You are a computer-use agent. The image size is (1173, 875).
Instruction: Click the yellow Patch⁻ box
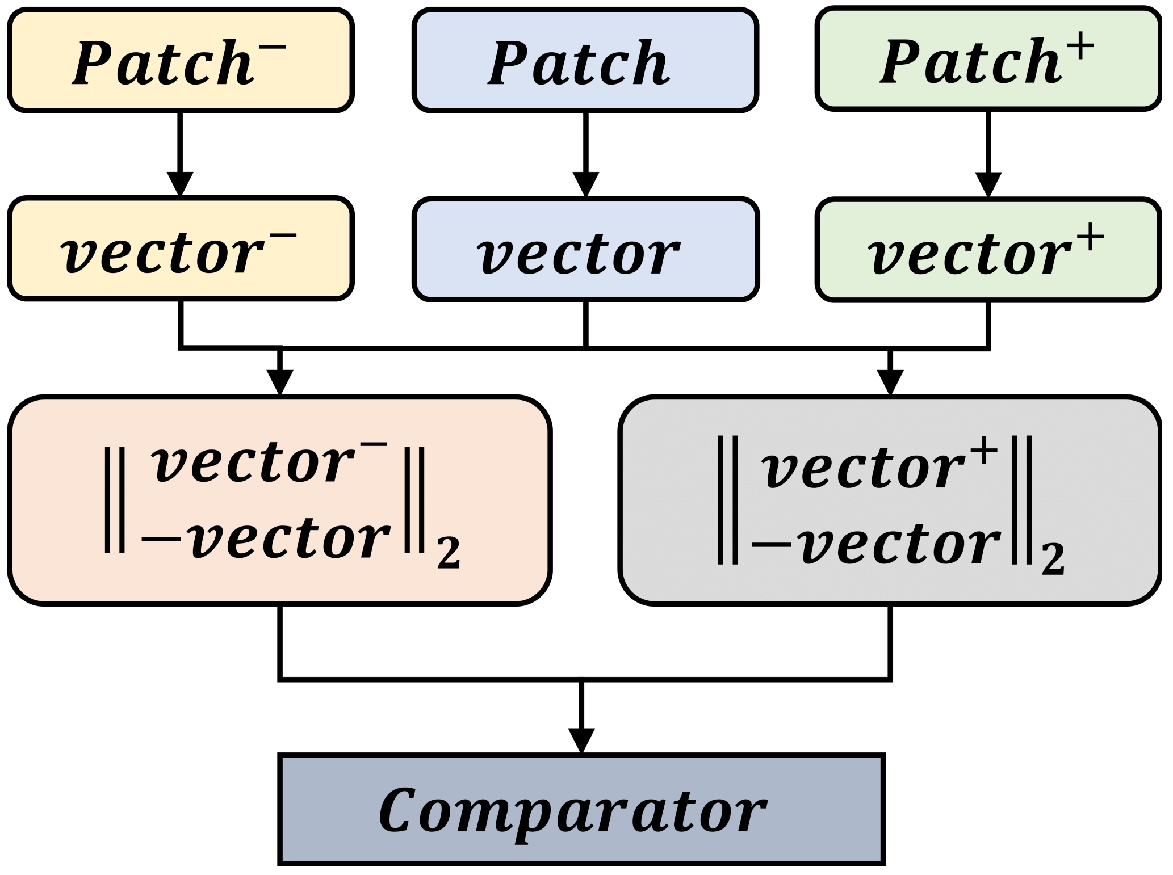tap(181, 60)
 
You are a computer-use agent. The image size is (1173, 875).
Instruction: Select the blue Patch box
tap(585, 60)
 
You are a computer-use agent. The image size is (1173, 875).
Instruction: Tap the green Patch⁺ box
tap(988, 59)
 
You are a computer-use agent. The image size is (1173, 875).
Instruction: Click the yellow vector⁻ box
tap(181, 249)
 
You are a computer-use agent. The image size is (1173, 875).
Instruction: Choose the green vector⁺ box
tap(988, 250)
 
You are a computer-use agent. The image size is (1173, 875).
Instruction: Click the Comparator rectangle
tap(581, 809)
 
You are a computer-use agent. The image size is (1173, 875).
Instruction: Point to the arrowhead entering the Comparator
tap(581, 741)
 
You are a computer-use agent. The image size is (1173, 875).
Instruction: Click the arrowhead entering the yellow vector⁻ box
tap(181, 184)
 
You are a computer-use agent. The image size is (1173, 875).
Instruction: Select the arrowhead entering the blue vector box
tap(585, 184)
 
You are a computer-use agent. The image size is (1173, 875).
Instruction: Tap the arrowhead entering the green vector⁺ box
tap(988, 185)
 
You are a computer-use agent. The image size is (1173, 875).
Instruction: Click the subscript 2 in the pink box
tap(447, 553)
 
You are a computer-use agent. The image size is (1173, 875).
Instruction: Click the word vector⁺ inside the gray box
tap(878, 469)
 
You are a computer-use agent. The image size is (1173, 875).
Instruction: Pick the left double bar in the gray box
tap(727, 499)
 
